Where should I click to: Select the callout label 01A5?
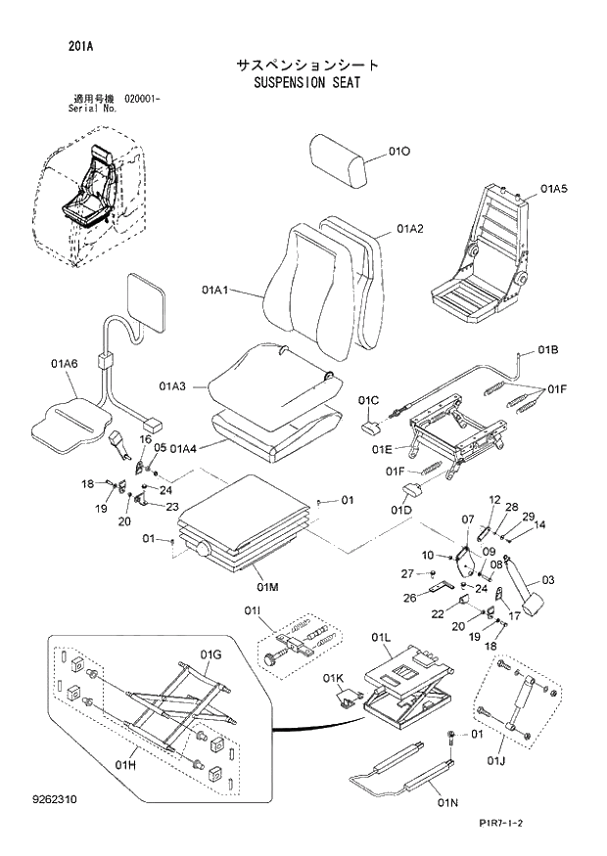553,188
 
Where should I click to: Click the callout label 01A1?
215,290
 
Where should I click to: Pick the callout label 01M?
268,587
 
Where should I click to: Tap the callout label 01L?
381,638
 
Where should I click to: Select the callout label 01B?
547,349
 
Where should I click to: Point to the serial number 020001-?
144,99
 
